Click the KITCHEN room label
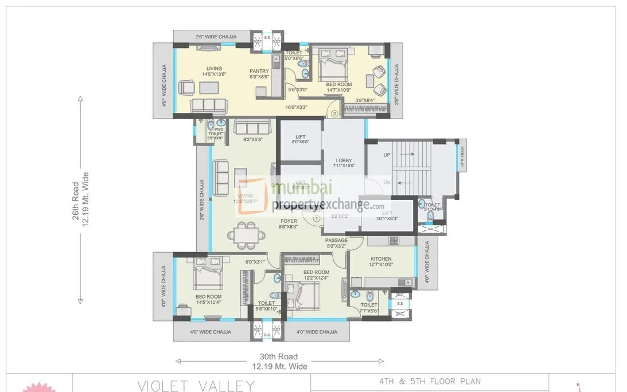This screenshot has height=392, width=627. click(381, 259)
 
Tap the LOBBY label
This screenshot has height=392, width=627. click(344, 160)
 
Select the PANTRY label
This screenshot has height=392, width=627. click(259, 71)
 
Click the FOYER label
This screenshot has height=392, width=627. click(289, 221)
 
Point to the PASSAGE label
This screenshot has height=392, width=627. click(337, 240)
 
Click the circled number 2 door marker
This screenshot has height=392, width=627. click(334, 113)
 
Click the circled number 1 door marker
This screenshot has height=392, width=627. click(316, 218)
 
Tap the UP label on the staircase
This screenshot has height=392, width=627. click(387, 155)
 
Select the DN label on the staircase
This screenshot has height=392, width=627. click(387, 182)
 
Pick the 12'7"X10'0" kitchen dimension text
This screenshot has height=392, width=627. click(381, 265)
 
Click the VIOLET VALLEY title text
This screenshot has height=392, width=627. click(196, 385)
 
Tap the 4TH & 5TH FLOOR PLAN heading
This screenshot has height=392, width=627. click(429, 381)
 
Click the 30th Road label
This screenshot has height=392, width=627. click(279, 356)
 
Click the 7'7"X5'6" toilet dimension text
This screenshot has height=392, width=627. click(369, 311)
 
